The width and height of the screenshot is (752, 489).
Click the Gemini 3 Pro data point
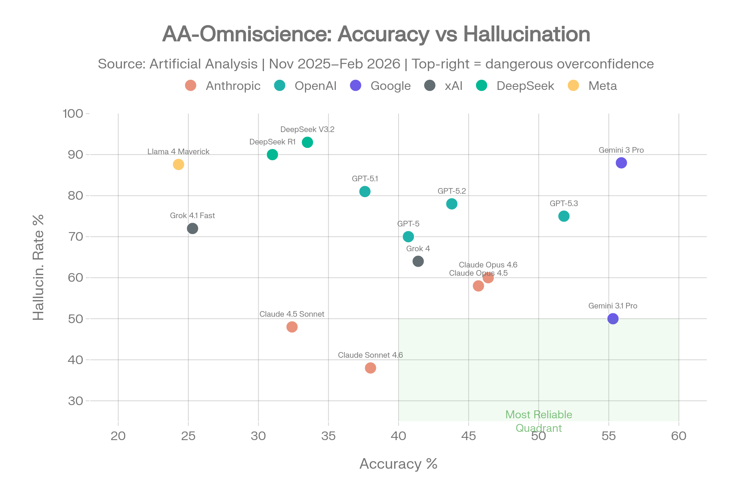click(x=621, y=163)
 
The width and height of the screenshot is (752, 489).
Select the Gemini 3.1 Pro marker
click(x=613, y=319)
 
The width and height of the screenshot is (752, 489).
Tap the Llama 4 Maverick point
click(x=178, y=164)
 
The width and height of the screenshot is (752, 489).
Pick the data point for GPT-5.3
click(x=564, y=216)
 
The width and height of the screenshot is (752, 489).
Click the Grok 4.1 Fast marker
click(x=193, y=228)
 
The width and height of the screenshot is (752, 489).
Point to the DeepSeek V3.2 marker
click(x=308, y=142)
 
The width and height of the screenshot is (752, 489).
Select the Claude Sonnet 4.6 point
click(x=370, y=368)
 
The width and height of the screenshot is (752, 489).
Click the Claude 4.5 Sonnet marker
click(x=292, y=327)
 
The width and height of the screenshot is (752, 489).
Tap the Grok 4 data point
click(x=418, y=261)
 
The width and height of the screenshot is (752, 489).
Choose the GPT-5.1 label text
click(x=365, y=179)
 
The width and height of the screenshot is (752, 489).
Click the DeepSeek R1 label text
click(x=272, y=142)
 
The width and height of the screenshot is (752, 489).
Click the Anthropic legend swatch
click(x=191, y=85)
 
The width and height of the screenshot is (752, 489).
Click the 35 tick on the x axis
click(x=328, y=436)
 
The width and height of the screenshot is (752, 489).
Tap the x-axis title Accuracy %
click(x=398, y=464)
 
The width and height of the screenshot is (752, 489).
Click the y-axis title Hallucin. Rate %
click(x=39, y=267)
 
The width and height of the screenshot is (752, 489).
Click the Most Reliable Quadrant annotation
click(x=538, y=421)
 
